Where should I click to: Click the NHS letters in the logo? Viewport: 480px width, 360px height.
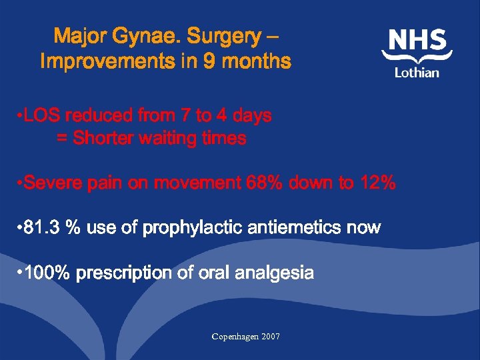point(417,40)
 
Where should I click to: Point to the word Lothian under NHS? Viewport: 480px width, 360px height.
point(417,72)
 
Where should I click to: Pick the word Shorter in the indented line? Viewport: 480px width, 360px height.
point(102,139)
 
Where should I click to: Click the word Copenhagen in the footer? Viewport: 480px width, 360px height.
point(236,337)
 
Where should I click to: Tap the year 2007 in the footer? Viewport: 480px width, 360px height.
point(271,337)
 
